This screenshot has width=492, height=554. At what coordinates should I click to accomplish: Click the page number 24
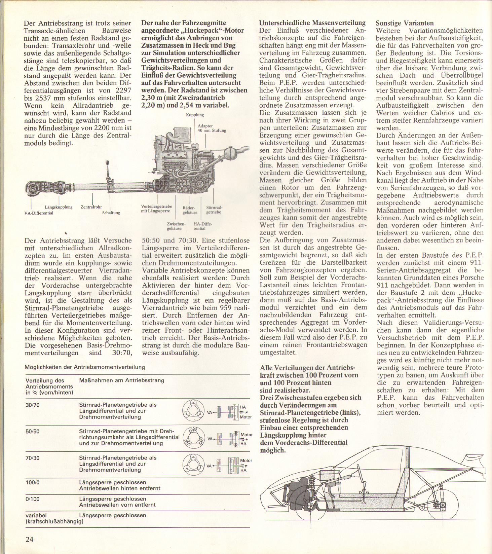29,539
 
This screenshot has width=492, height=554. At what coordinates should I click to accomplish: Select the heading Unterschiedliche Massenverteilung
312,23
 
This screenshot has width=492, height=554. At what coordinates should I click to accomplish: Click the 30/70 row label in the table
32,405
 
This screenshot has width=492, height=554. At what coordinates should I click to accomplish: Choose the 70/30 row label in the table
32,458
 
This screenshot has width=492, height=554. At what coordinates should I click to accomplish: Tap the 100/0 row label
32,482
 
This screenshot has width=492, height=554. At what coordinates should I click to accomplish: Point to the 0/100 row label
32,499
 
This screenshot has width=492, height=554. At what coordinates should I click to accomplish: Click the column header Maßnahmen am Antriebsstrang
121,380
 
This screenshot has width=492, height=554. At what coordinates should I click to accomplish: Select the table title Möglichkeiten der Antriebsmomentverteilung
85,367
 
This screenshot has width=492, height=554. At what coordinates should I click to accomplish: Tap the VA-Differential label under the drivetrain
39,213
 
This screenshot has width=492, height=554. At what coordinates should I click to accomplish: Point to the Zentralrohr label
91,207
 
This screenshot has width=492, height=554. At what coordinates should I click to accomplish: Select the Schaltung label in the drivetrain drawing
111,213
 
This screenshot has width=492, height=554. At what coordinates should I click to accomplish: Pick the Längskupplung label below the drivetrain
59,207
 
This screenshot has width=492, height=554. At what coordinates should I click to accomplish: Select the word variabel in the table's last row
36,515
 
